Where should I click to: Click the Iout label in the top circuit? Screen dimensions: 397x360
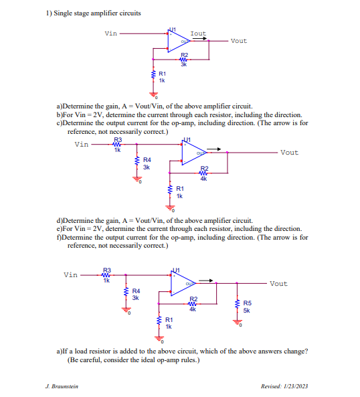click(x=198, y=33)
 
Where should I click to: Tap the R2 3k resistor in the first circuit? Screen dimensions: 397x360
click(x=185, y=60)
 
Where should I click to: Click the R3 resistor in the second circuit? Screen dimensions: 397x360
click(x=117, y=143)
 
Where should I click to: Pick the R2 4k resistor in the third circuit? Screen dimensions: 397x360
click(x=193, y=302)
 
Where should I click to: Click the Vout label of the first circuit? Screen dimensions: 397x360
click(x=238, y=41)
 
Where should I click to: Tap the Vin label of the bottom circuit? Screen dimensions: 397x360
click(x=71, y=274)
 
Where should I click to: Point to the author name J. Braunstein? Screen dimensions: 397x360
click(x=62, y=386)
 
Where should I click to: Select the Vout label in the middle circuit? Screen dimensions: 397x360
click(x=289, y=153)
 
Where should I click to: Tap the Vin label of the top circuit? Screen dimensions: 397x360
click(x=111, y=33)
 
